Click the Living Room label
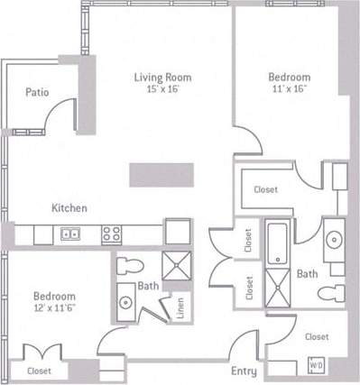(x=162, y=78)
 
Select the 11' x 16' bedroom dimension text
(x=290, y=89)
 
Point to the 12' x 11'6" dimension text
(x=54, y=308)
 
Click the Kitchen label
(x=69, y=208)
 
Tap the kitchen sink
(x=69, y=234)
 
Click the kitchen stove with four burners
(x=112, y=234)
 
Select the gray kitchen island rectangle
(x=161, y=174)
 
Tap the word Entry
(x=244, y=371)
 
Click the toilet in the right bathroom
(x=335, y=293)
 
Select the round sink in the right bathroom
(x=335, y=239)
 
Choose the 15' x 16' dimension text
(x=162, y=89)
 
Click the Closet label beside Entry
(x=316, y=336)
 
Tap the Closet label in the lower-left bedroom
(x=39, y=371)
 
